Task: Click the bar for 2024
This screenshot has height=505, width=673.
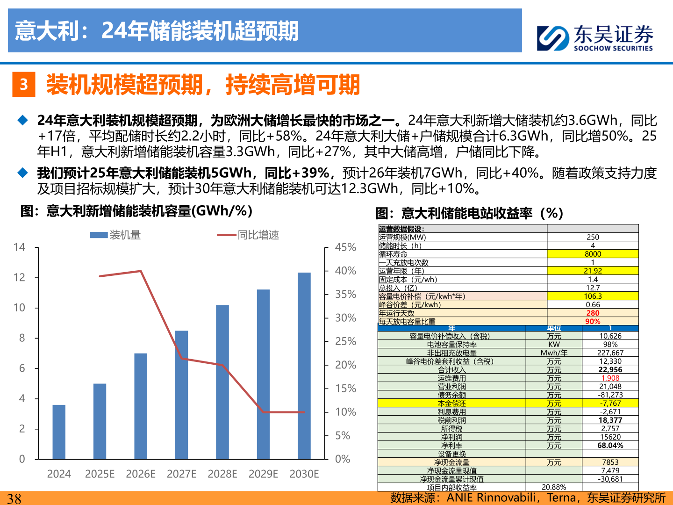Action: (x=59, y=432)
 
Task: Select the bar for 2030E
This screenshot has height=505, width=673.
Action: (x=304, y=366)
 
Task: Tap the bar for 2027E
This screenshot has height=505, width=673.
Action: (x=181, y=395)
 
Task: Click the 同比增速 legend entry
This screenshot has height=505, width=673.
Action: (x=248, y=235)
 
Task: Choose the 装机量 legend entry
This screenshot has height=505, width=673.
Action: (x=115, y=235)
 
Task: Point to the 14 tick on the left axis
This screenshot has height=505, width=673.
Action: (x=19, y=247)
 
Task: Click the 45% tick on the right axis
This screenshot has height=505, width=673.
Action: (x=345, y=247)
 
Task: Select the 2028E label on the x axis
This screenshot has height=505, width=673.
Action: (x=222, y=474)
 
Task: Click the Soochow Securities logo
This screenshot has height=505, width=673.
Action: (x=594, y=37)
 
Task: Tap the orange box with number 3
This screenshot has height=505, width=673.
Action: (x=24, y=85)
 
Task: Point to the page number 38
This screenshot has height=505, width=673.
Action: (x=14, y=498)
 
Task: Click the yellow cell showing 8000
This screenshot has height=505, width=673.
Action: (x=593, y=254)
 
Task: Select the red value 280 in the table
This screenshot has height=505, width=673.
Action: (x=593, y=313)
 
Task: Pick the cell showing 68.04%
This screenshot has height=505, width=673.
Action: (x=610, y=445)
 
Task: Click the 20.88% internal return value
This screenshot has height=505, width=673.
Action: (x=554, y=487)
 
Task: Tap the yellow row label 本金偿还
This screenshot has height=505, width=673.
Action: (x=451, y=403)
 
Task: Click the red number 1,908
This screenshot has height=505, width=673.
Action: (x=610, y=378)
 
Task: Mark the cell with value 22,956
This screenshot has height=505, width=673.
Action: (x=610, y=369)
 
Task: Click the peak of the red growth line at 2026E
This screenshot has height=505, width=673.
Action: (x=141, y=271)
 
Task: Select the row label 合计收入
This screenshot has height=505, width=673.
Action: (x=451, y=369)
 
